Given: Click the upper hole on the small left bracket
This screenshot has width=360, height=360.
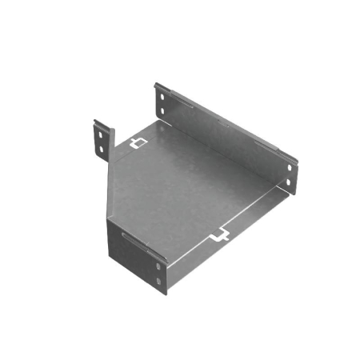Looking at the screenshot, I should [x=101, y=136].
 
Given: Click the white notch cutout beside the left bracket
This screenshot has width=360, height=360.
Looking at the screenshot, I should [x=138, y=144].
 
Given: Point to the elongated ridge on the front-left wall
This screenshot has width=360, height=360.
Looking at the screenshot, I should [x=136, y=242].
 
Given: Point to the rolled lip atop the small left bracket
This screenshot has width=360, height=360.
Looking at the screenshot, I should [x=102, y=124].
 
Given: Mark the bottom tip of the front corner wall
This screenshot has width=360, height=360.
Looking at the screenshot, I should [x=164, y=293].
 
